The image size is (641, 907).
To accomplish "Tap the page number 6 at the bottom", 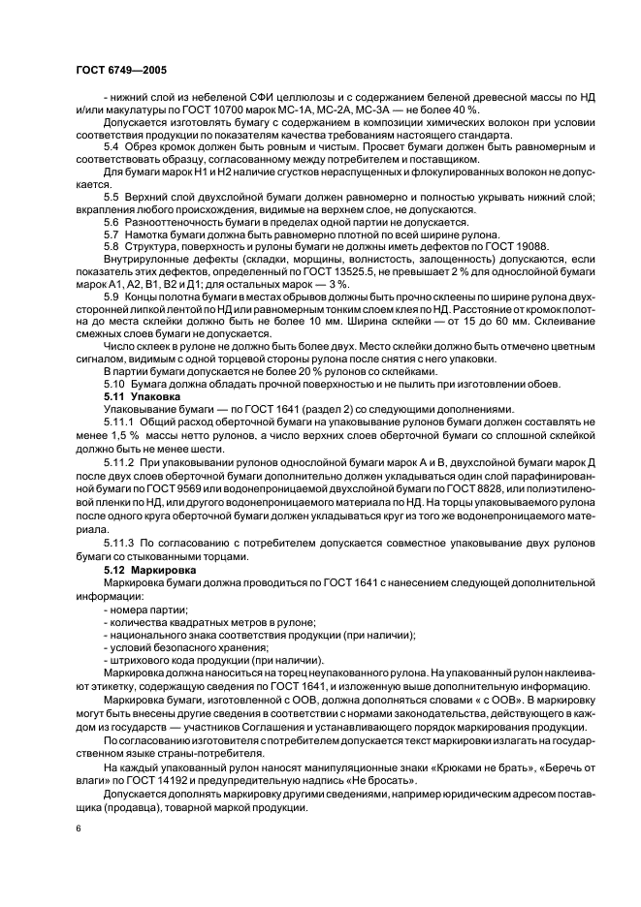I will (x=79, y=829).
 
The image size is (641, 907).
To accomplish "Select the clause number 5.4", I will (x=112, y=146).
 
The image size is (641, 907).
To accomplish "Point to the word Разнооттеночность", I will (x=182, y=222).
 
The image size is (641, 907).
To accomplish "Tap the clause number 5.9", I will (x=112, y=297).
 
